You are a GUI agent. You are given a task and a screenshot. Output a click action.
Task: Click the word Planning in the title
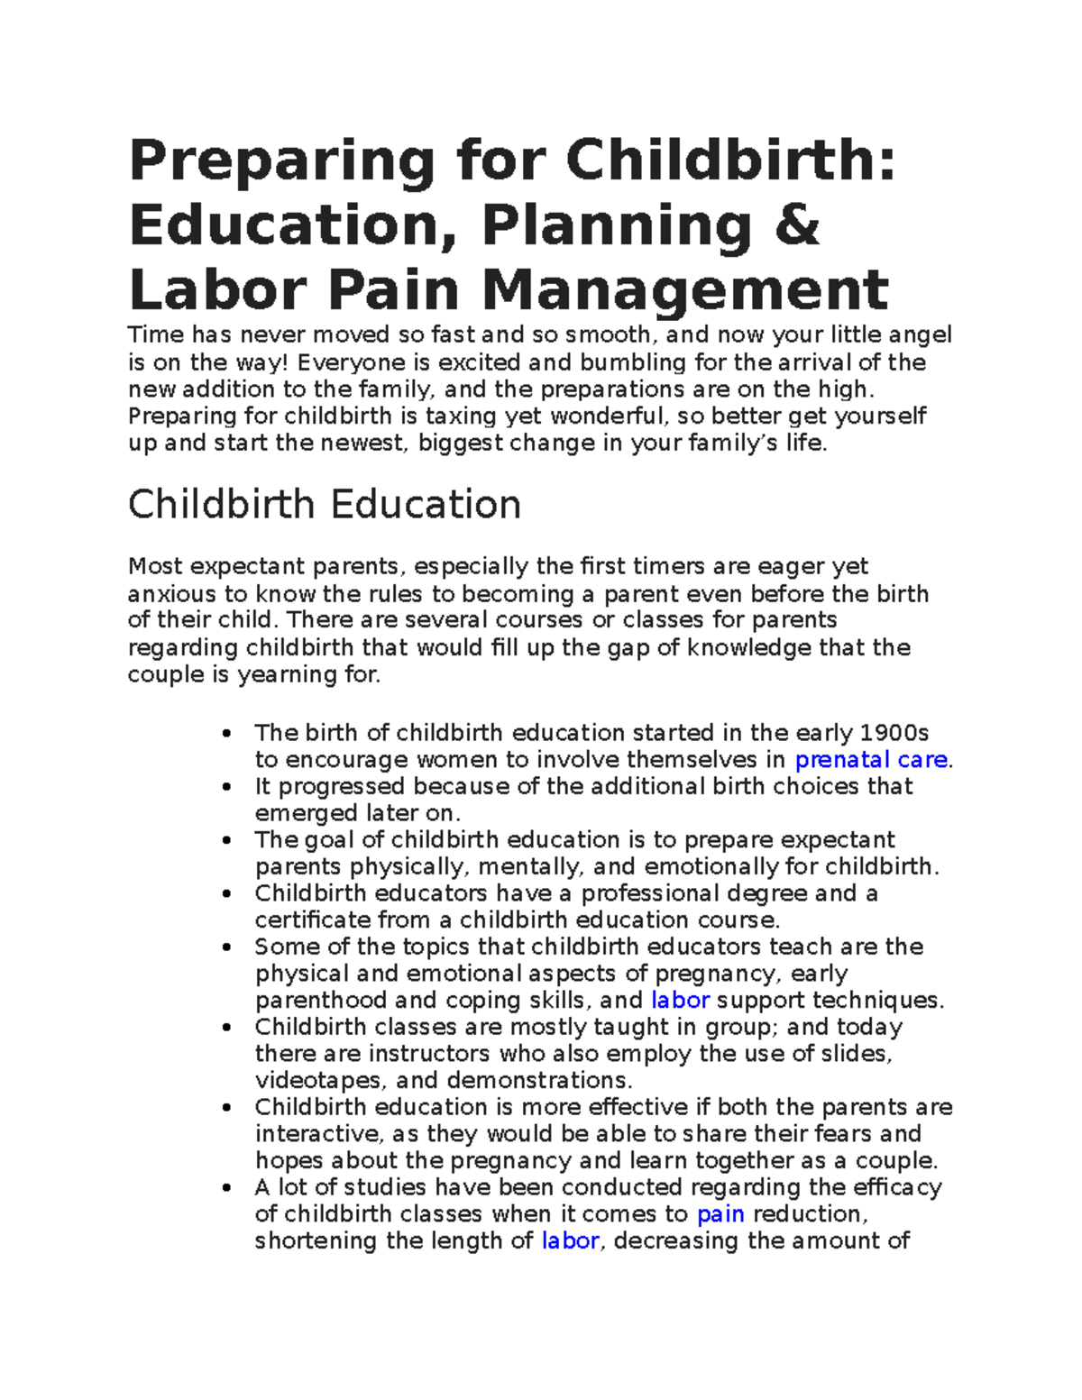click(x=618, y=225)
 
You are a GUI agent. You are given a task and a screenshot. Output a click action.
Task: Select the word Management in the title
click(x=685, y=290)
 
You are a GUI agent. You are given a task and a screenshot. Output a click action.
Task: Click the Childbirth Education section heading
click(x=325, y=505)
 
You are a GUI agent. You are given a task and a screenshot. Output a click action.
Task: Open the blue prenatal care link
click(x=870, y=760)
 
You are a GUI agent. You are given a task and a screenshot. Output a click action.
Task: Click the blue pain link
click(x=720, y=1214)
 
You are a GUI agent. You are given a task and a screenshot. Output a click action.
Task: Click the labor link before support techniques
click(x=680, y=1001)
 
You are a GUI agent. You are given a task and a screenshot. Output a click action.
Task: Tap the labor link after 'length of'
click(x=570, y=1241)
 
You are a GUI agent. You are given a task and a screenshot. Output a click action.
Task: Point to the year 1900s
click(x=894, y=733)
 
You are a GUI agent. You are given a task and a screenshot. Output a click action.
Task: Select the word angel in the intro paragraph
click(x=921, y=335)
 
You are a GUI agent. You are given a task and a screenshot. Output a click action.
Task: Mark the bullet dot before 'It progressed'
click(x=226, y=787)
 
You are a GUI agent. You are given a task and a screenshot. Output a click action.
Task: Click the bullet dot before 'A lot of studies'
click(x=226, y=1188)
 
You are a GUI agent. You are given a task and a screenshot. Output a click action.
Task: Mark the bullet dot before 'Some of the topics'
click(x=226, y=947)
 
